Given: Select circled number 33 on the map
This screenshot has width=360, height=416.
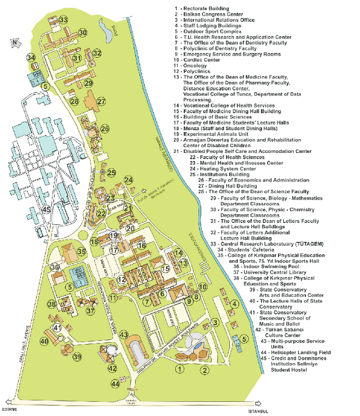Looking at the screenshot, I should point(63,20).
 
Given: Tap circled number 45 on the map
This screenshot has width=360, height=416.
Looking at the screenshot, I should point(47,210).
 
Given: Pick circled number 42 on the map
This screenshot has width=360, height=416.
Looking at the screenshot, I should point(112,368).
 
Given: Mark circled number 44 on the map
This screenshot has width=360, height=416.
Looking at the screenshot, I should point(115,384).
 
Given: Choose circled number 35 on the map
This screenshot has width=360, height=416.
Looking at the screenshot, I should point(81,251).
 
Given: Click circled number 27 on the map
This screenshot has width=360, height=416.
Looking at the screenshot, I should point(101,101).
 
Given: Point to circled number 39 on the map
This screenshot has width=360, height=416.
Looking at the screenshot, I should point(77,357).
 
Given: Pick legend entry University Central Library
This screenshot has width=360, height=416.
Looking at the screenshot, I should point(281,272).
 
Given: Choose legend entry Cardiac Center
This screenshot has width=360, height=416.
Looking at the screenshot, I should point(204,60).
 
